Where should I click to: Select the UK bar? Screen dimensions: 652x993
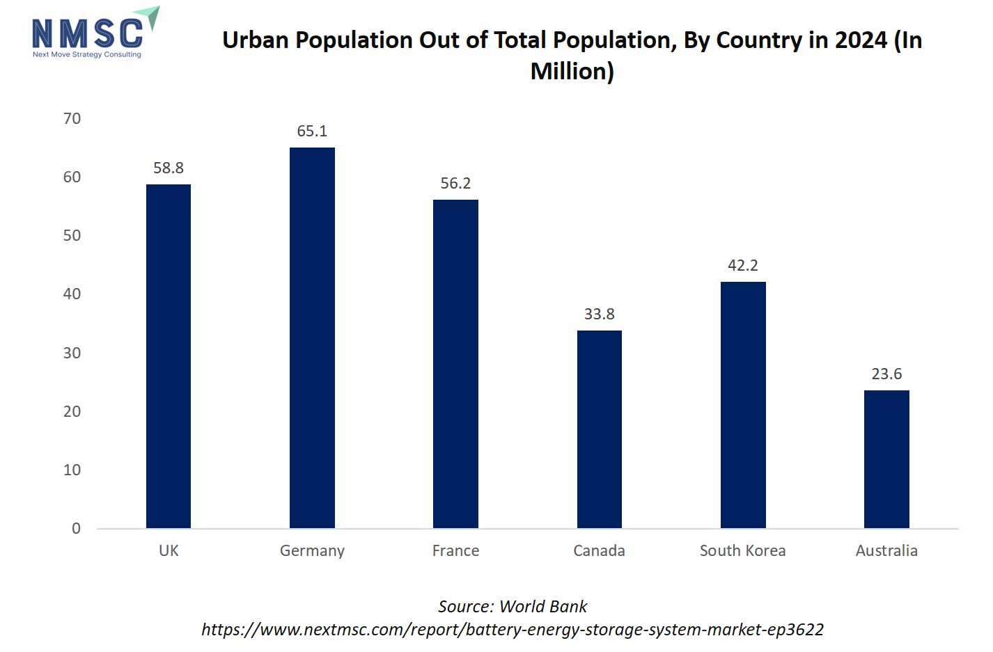tap(169, 356)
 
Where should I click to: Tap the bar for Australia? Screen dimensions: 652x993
tap(886, 459)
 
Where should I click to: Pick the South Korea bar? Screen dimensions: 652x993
tap(743, 404)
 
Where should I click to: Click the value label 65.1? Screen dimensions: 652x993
tap(312, 131)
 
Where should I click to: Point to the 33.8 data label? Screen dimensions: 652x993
tap(599, 314)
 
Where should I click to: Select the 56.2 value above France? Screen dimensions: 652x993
tap(455, 183)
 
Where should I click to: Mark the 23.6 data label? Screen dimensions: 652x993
tap(886, 374)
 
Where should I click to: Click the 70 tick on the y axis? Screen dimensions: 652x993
tap(72, 118)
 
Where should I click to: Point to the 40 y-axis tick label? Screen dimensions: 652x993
tap(72, 294)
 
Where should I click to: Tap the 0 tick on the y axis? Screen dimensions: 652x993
tap(76, 528)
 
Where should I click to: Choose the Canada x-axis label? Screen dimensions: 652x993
tap(599, 550)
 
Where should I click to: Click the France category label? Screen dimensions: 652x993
tap(455, 550)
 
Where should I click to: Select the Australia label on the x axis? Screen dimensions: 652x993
tap(886, 550)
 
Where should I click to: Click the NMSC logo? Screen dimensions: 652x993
tap(95, 33)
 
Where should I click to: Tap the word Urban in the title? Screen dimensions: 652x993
tap(255, 40)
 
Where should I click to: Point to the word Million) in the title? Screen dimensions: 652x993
tap(572, 71)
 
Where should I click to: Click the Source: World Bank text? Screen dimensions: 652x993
tap(513, 606)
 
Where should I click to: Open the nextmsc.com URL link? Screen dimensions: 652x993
tap(513, 629)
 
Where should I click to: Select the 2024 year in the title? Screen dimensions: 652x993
tap(861, 40)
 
